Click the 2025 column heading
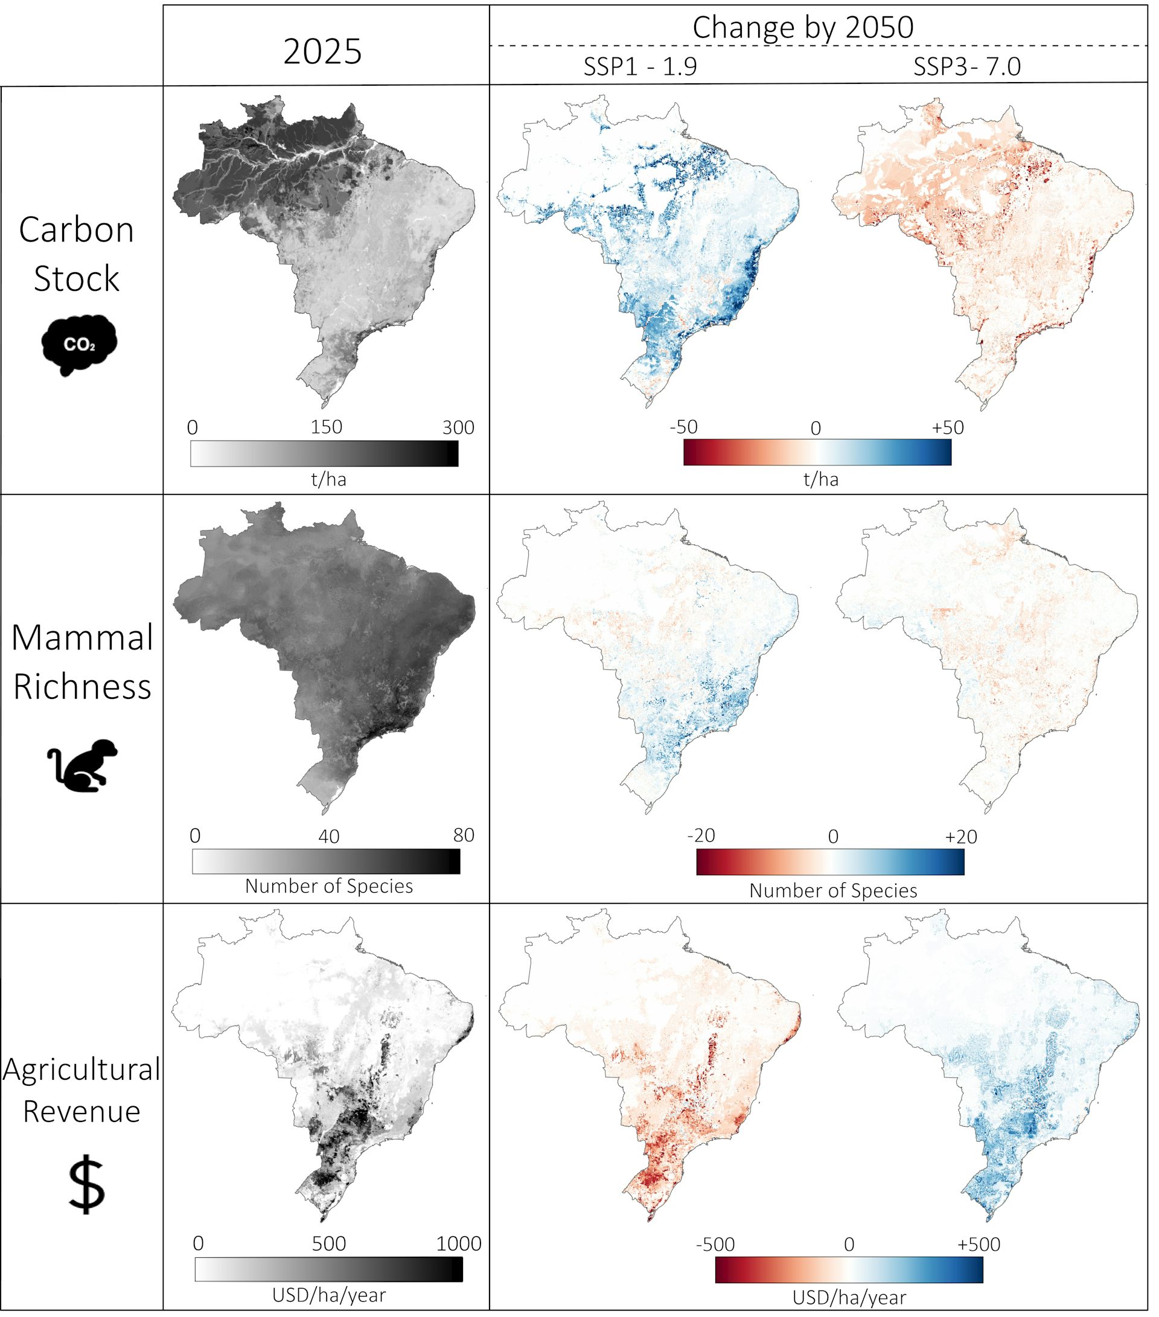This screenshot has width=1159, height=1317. tap(322, 51)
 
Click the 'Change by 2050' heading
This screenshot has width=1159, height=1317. tap(803, 28)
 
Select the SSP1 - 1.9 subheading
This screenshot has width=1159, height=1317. tap(640, 67)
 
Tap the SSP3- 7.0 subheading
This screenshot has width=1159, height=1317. tap(966, 67)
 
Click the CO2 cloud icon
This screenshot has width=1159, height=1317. tap(78, 345)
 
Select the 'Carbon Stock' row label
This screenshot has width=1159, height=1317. tap(77, 254)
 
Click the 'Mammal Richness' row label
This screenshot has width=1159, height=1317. tap(83, 662)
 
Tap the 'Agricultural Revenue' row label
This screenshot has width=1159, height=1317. tap(81, 1089)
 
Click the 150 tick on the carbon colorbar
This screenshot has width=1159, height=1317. tap(326, 427)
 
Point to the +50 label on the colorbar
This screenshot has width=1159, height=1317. tap(947, 427)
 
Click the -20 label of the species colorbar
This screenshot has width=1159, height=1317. tap(701, 836)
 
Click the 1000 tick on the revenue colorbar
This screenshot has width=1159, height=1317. tap(458, 1243)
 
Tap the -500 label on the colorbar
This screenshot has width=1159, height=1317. tap(715, 1244)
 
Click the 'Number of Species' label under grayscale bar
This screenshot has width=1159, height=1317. tap(328, 886)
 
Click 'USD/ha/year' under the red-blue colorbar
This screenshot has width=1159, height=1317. tap(849, 1297)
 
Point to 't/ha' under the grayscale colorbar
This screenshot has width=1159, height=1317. tap(328, 479)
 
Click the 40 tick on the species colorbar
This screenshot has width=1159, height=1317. tap(328, 837)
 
